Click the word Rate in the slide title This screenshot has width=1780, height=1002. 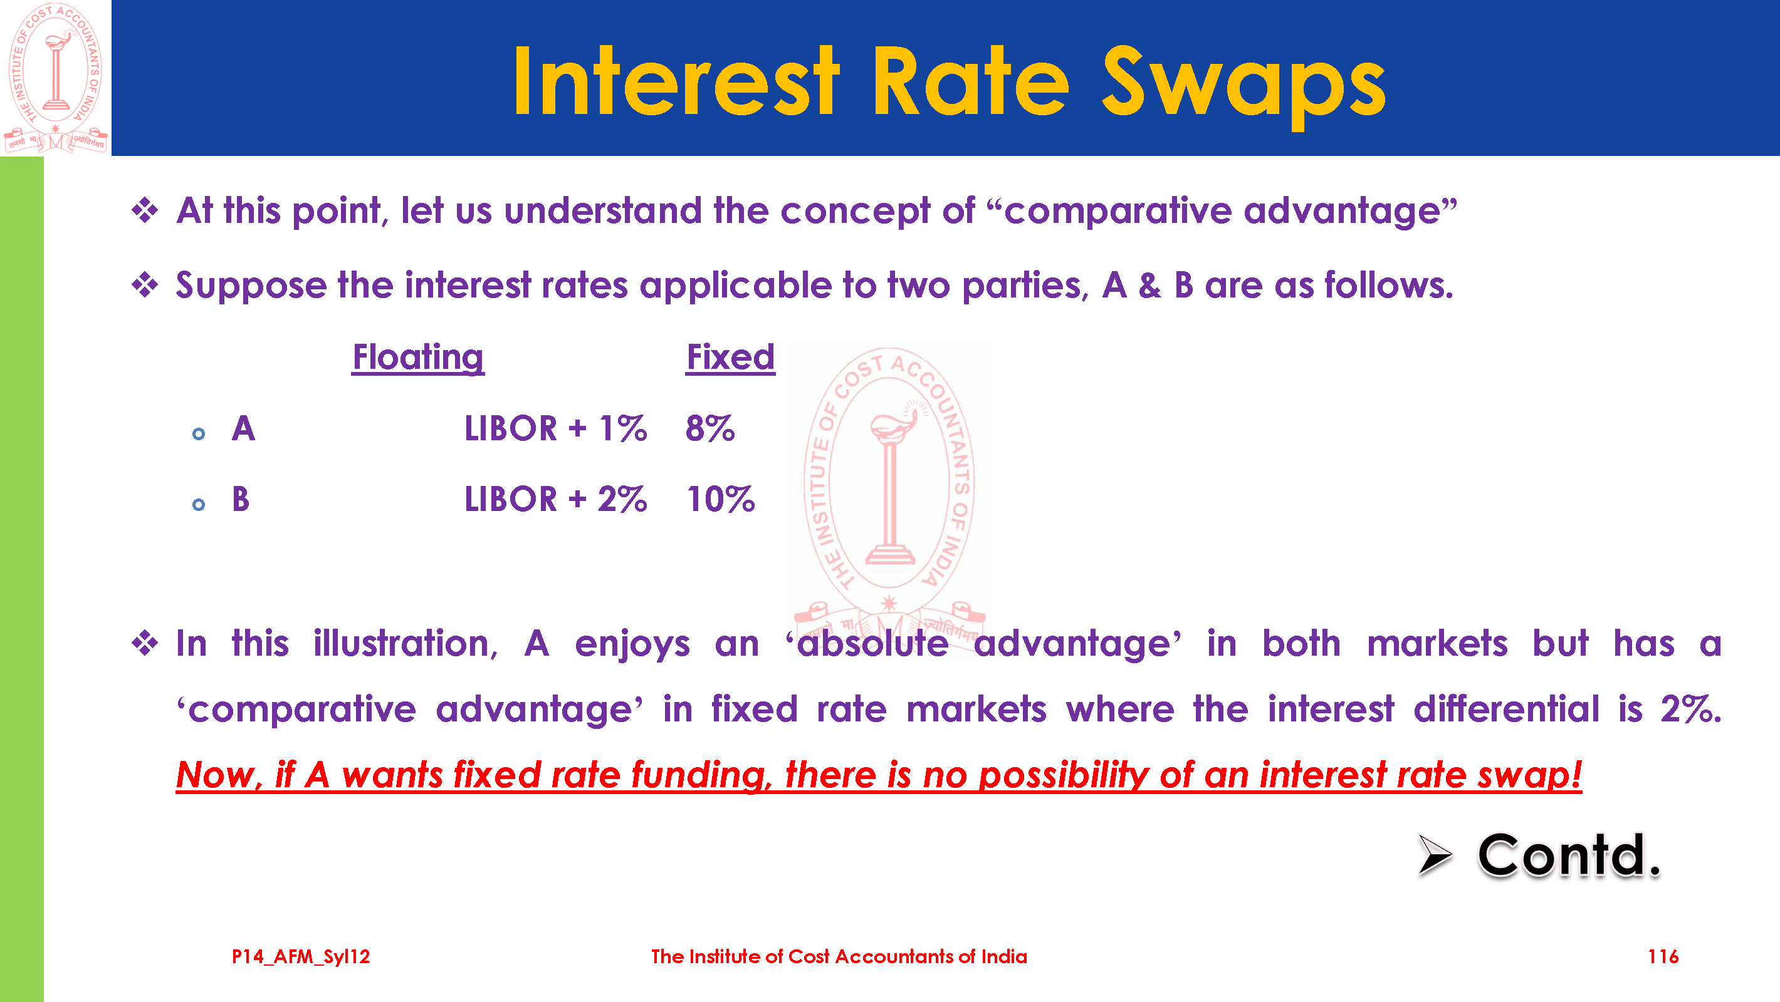tap(970, 82)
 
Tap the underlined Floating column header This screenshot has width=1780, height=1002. tap(418, 358)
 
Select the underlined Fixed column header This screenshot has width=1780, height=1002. tap(730, 357)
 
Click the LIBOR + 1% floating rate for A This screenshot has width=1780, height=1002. tap(555, 428)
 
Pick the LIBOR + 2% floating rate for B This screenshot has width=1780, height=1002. tap(555, 498)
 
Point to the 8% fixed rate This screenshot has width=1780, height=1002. tap(709, 428)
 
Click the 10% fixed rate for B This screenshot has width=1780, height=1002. tap(721, 498)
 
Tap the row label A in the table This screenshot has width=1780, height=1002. tap(243, 428)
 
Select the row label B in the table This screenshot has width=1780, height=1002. tap(241, 498)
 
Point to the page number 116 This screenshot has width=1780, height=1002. tap(1663, 956)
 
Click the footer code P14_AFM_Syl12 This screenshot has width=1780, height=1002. tap(301, 956)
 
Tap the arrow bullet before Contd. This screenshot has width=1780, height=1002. tap(1435, 855)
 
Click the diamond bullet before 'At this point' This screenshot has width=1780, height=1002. tap(145, 210)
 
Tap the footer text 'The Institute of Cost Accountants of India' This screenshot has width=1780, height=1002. tap(839, 956)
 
